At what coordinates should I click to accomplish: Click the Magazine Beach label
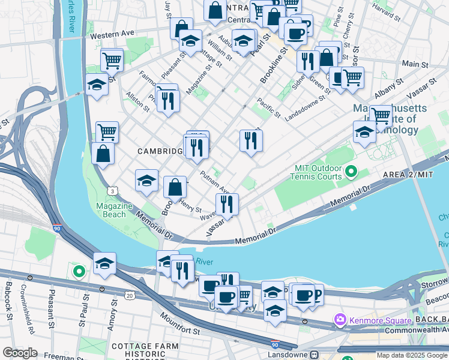click(114, 210)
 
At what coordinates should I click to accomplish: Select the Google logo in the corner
click(20, 353)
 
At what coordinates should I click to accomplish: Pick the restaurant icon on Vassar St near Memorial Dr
click(227, 204)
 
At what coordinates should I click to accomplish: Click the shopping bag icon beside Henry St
click(175, 187)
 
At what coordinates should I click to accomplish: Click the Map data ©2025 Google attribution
click(412, 355)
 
